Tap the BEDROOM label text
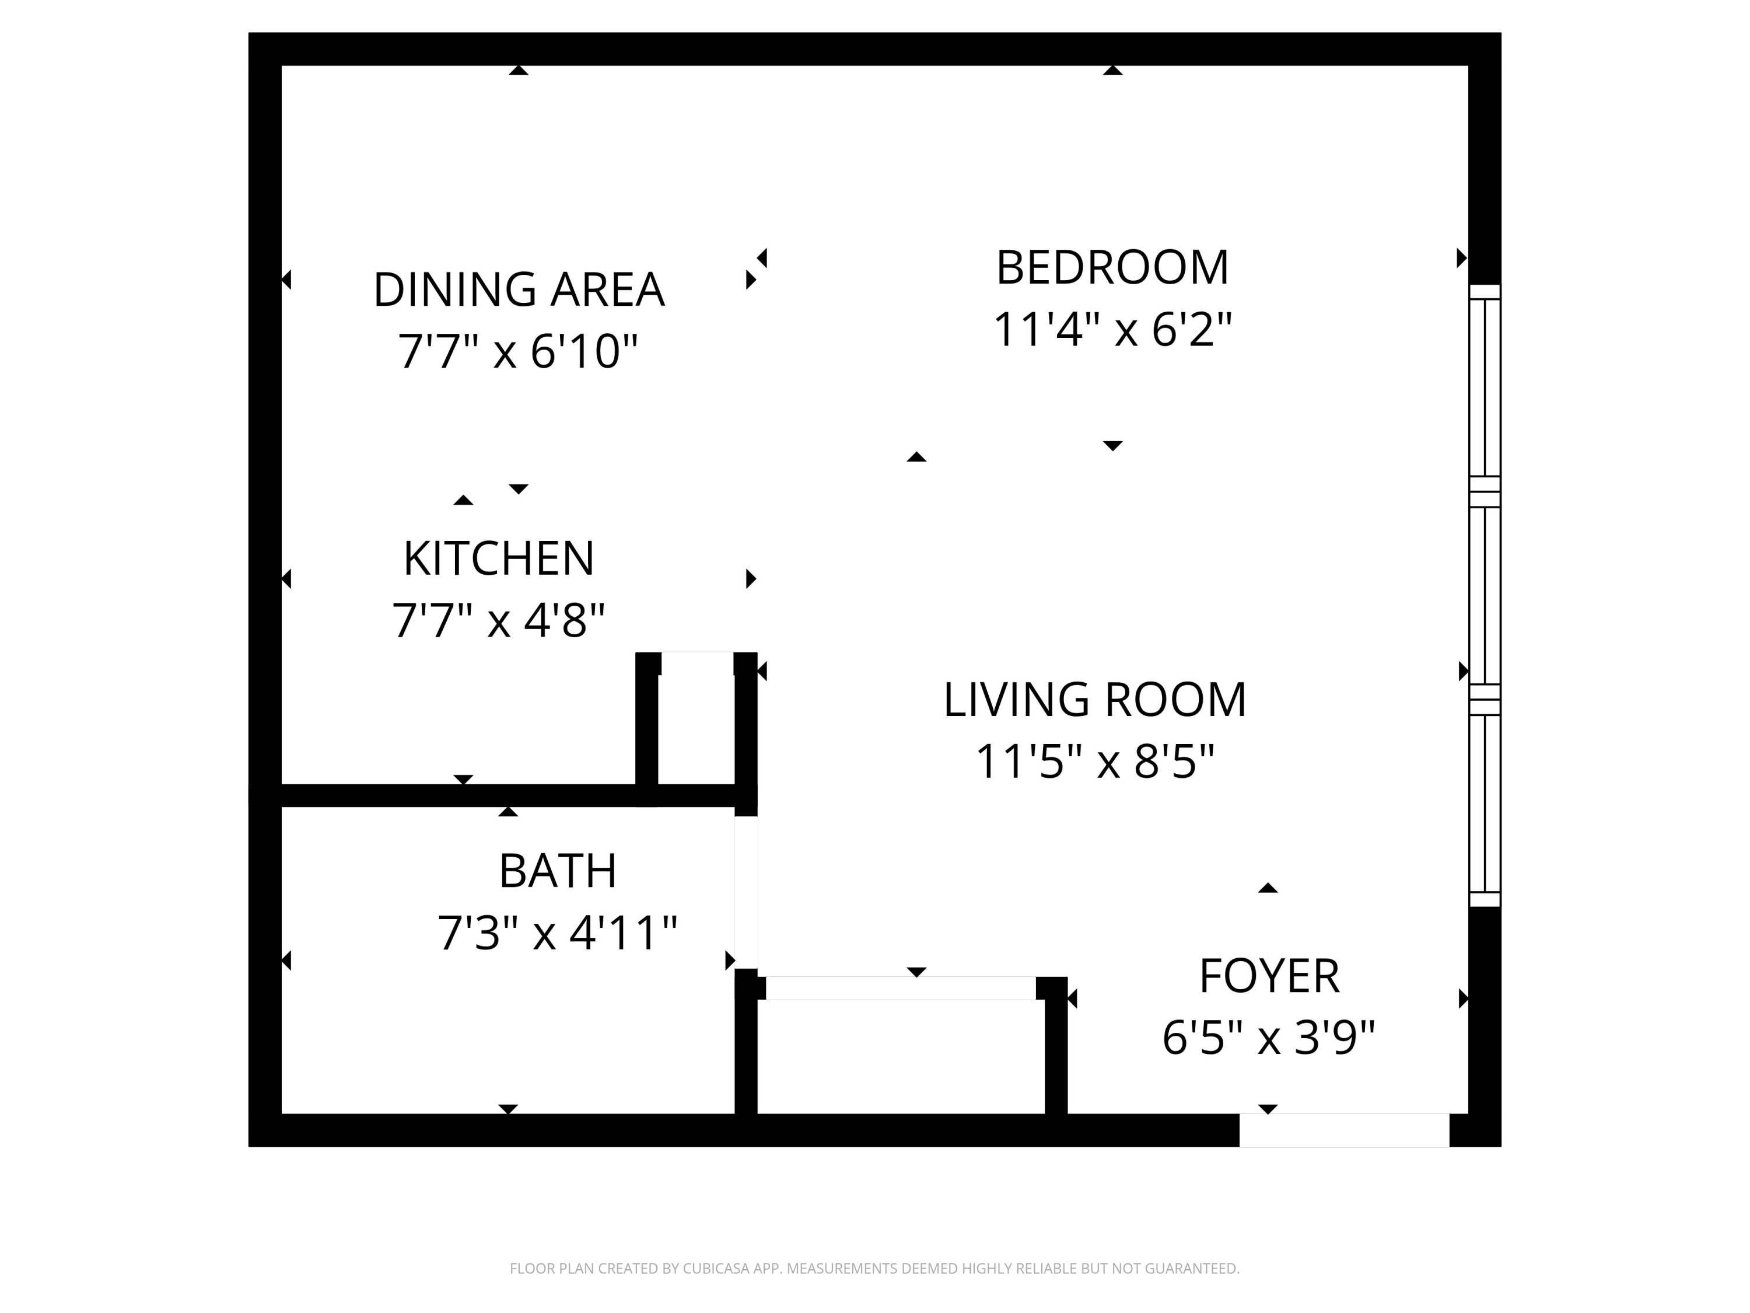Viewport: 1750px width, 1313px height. (1112, 267)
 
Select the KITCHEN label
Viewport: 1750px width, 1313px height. (498, 559)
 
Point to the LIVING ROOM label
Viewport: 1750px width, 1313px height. (1094, 700)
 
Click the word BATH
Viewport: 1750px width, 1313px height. (557, 871)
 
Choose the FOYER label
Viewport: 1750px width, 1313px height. (1269, 976)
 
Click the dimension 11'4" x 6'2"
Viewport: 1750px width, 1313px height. (1112, 329)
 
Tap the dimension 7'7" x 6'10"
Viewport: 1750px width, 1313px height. (517, 351)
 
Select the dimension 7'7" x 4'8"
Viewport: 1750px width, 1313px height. (498, 620)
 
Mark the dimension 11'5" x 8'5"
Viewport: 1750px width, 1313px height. (1094, 762)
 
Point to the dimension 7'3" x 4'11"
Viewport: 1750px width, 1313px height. (557, 933)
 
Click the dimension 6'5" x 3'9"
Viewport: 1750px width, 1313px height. (1268, 1038)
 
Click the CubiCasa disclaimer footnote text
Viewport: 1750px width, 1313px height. (874, 1268)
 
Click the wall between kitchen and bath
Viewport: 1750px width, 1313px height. (459, 795)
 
